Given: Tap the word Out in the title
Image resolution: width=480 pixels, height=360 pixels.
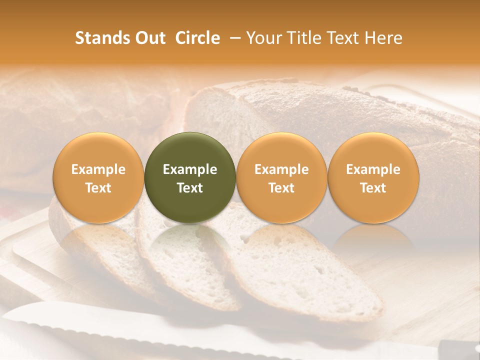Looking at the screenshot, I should [151, 38].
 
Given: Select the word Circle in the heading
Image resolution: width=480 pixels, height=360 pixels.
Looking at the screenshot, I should [197, 38].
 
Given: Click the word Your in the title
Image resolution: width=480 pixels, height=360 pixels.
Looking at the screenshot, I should [262, 38].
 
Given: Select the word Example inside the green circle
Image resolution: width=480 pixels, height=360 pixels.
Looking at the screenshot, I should [190, 169].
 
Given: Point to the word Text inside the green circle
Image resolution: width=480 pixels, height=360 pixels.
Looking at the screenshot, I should [190, 188].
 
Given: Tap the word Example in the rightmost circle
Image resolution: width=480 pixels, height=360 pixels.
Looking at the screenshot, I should [373, 169].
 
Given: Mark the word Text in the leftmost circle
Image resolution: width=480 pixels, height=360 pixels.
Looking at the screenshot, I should [98, 188].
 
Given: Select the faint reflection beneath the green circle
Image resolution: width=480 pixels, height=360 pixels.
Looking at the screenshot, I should [190, 240].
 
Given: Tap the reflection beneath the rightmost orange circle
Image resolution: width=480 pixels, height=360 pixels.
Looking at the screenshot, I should [373, 240].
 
